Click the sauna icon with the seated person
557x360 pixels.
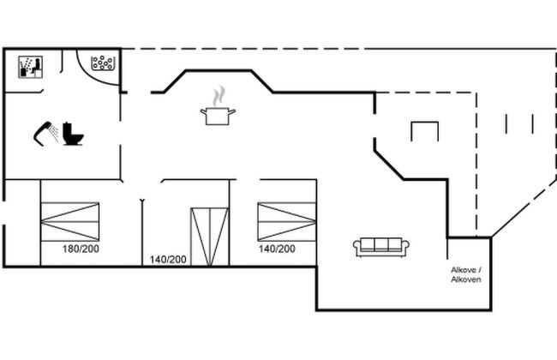[x=31, y=67]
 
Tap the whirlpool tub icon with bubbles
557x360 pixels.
[x=103, y=63]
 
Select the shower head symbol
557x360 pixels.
[x=45, y=133]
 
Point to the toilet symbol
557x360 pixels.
[x=73, y=134]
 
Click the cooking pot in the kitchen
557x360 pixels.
[x=218, y=116]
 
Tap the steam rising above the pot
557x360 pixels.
[x=219, y=96]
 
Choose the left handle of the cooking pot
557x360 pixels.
[x=204, y=112]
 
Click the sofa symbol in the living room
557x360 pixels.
[x=380, y=247]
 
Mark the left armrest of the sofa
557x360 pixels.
[x=356, y=247]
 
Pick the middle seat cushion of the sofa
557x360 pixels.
[x=381, y=245]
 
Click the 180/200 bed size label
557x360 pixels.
[x=81, y=249]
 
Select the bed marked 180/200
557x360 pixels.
[x=70, y=222]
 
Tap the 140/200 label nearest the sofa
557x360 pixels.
[x=277, y=249]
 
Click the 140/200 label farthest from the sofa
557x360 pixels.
[x=168, y=260]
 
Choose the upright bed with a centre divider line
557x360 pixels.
[x=210, y=237]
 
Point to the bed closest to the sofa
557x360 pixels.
[x=287, y=222]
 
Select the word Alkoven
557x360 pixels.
[x=466, y=279]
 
